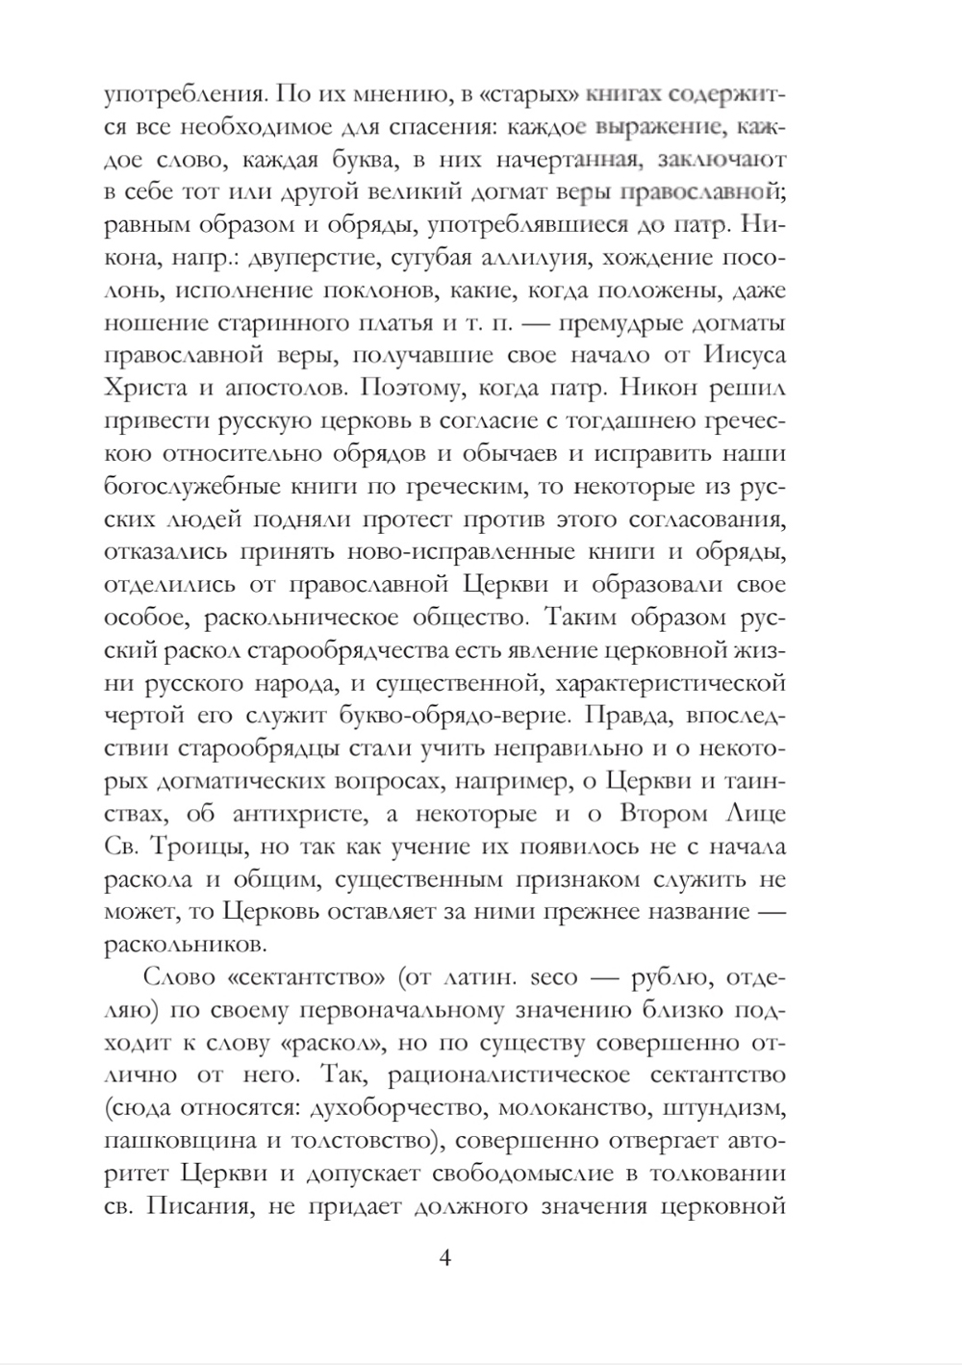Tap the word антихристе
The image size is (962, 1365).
[x=302, y=814]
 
